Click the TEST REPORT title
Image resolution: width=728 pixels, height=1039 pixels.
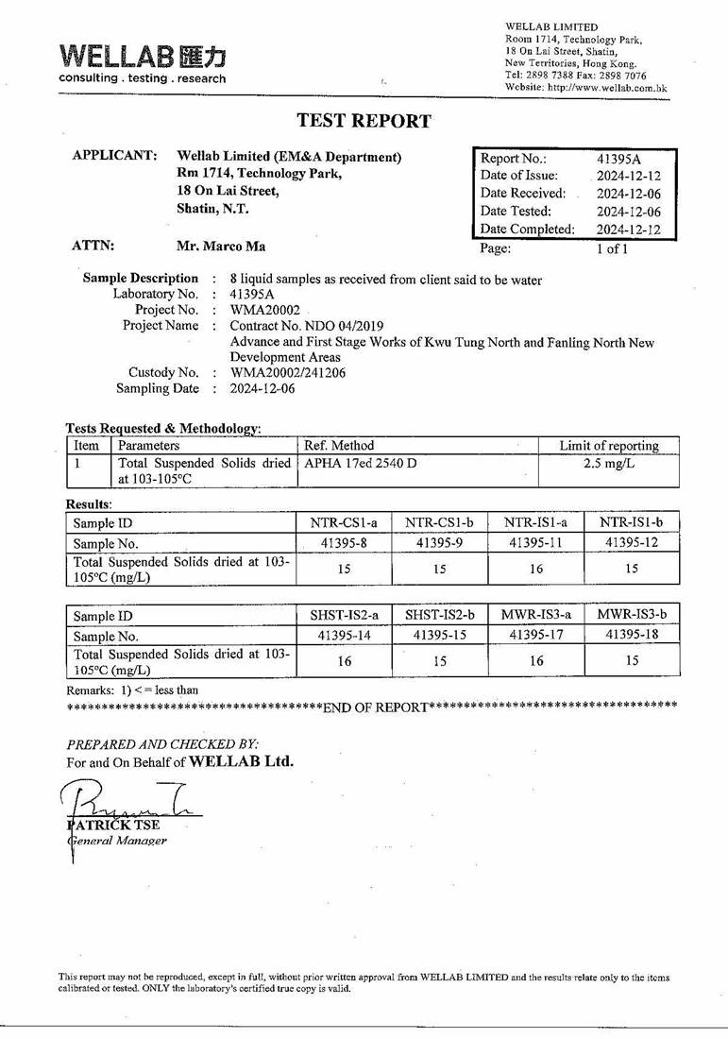pyautogui.click(x=364, y=121)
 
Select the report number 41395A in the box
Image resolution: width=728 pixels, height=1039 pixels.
pyautogui.click(x=618, y=159)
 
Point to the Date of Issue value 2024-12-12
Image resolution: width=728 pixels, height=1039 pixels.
pyautogui.click(x=628, y=176)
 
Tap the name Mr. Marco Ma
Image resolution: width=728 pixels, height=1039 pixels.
pyautogui.click(x=221, y=247)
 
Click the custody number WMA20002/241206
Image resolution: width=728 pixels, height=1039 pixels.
pyautogui.click(x=288, y=372)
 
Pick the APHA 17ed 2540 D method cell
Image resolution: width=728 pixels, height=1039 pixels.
pyautogui.click(x=361, y=463)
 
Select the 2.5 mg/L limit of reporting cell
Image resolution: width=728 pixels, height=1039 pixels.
pyautogui.click(x=608, y=463)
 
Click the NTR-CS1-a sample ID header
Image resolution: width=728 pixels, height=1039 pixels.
pyautogui.click(x=344, y=522)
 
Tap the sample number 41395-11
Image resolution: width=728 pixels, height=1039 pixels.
pyautogui.click(x=535, y=542)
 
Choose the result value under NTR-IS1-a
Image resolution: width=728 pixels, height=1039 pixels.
pyautogui.click(x=535, y=569)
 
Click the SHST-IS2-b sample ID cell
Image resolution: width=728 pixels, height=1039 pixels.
pyautogui.click(x=439, y=615)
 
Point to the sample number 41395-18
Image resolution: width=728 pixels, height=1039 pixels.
pyautogui.click(x=632, y=635)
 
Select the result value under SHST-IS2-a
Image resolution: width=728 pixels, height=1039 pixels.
pyautogui.click(x=344, y=661)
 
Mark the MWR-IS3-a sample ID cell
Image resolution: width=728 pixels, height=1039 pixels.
pyautogui.click(x=535, y=615)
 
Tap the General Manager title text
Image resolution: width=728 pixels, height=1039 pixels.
pyautogui.click(x=117, y=840)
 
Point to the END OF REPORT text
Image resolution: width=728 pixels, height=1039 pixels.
pyautogui.click(x=375, y=707)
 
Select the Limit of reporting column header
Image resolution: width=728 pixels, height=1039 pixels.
pyautogui.click(x=608, y=445)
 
